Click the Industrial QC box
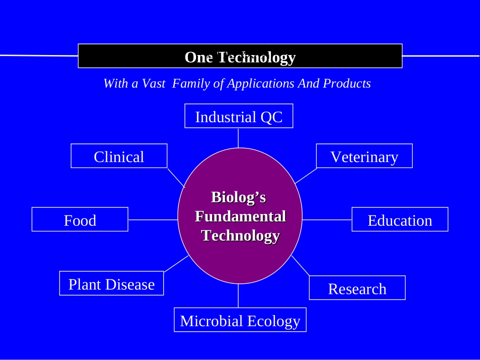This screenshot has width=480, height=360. pos(238,116)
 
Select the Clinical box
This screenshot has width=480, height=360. pos(119,156)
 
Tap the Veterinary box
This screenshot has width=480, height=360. pos(364,156)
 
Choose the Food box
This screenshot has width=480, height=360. pos(80,220)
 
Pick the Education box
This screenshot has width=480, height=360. pos(400,220)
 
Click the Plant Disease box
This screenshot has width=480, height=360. pos(111,284)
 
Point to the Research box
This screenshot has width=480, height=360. pos(357,288)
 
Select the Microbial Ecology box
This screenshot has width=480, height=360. pos(240,320)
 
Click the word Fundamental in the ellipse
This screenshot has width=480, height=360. pos(240,217)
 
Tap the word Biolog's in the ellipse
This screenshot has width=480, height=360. pos(238,197)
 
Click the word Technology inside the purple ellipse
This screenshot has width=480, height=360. pos(240,235)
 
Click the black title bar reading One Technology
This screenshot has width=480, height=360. pos(240,57)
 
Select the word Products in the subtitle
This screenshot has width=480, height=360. pos(347,83)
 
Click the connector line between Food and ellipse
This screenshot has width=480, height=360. pos(153,220)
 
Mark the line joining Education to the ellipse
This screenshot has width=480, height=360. pos(327,220)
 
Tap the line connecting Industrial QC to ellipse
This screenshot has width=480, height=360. pos(238,137)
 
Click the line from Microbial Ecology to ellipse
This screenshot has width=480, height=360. pos(238,296)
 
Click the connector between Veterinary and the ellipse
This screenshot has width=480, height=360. pos(306,176)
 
